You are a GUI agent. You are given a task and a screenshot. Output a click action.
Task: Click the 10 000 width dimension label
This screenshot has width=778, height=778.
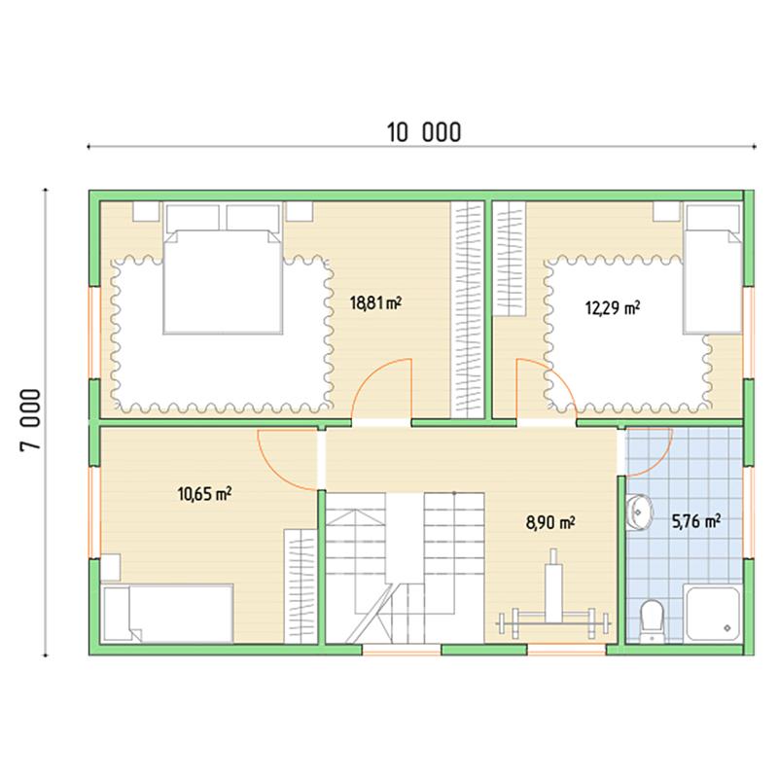[424, 132]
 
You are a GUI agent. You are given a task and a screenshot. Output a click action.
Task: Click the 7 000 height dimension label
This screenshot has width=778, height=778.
[30, 420]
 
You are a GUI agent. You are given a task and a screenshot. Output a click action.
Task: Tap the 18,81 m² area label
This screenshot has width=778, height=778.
[375, 302]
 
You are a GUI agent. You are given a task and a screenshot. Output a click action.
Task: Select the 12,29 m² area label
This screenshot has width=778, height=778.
[613, 307]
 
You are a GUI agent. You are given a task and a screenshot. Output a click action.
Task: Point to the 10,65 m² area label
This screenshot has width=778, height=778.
[204, 494]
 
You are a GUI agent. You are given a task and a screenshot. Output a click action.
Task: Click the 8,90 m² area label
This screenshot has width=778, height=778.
[550, 522]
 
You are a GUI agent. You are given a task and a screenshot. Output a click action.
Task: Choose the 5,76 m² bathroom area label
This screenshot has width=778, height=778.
[695, 521]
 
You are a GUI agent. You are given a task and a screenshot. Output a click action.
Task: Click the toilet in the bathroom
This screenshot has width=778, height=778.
[651, 621]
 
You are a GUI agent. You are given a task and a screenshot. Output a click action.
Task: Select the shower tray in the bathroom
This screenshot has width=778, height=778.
[713, 613]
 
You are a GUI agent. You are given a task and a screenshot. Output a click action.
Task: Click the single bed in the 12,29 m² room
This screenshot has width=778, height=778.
[713, 269]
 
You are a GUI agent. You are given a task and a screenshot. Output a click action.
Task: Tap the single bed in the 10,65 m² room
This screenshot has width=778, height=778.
[166, 614]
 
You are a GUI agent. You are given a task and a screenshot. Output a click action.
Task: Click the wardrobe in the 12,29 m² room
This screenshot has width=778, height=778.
[509, 259]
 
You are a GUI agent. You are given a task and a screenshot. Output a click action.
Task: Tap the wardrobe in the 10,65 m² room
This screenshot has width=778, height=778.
[301, 586]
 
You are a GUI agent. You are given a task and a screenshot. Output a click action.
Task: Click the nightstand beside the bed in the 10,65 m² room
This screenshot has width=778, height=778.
[111, 567]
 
